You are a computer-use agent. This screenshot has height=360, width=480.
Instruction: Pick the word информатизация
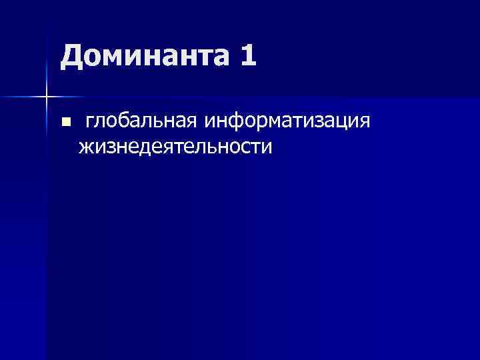point(288,123)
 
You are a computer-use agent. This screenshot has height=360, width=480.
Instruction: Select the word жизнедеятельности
point(175,146)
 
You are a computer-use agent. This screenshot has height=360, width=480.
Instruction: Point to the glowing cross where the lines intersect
point(46,97)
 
